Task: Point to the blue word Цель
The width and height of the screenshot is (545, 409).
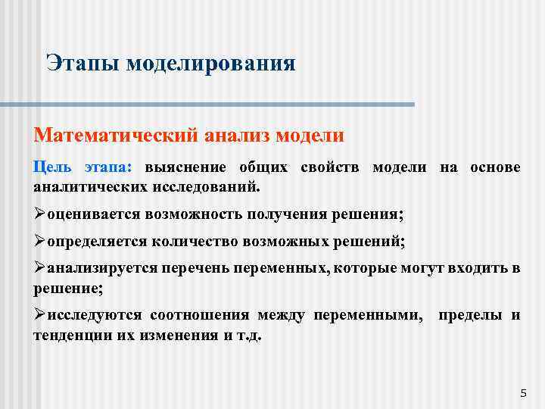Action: pyautogui.click(x=52, y=167)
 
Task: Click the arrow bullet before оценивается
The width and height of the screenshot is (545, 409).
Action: pyautogui.click(x=40, y=214)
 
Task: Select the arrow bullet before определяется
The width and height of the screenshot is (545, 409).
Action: pyautogui.click(x=40, y=242)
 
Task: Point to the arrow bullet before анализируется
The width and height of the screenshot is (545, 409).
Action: pyautogui.click(x=40, y=270)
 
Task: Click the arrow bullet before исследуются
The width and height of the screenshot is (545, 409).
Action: pyautogui.click(x=40, y=315)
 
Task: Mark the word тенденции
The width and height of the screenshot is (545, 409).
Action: pyautogui.click(x=70, y=335)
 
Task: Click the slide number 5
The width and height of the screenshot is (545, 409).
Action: pyautogui.click(x=523, y=393)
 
